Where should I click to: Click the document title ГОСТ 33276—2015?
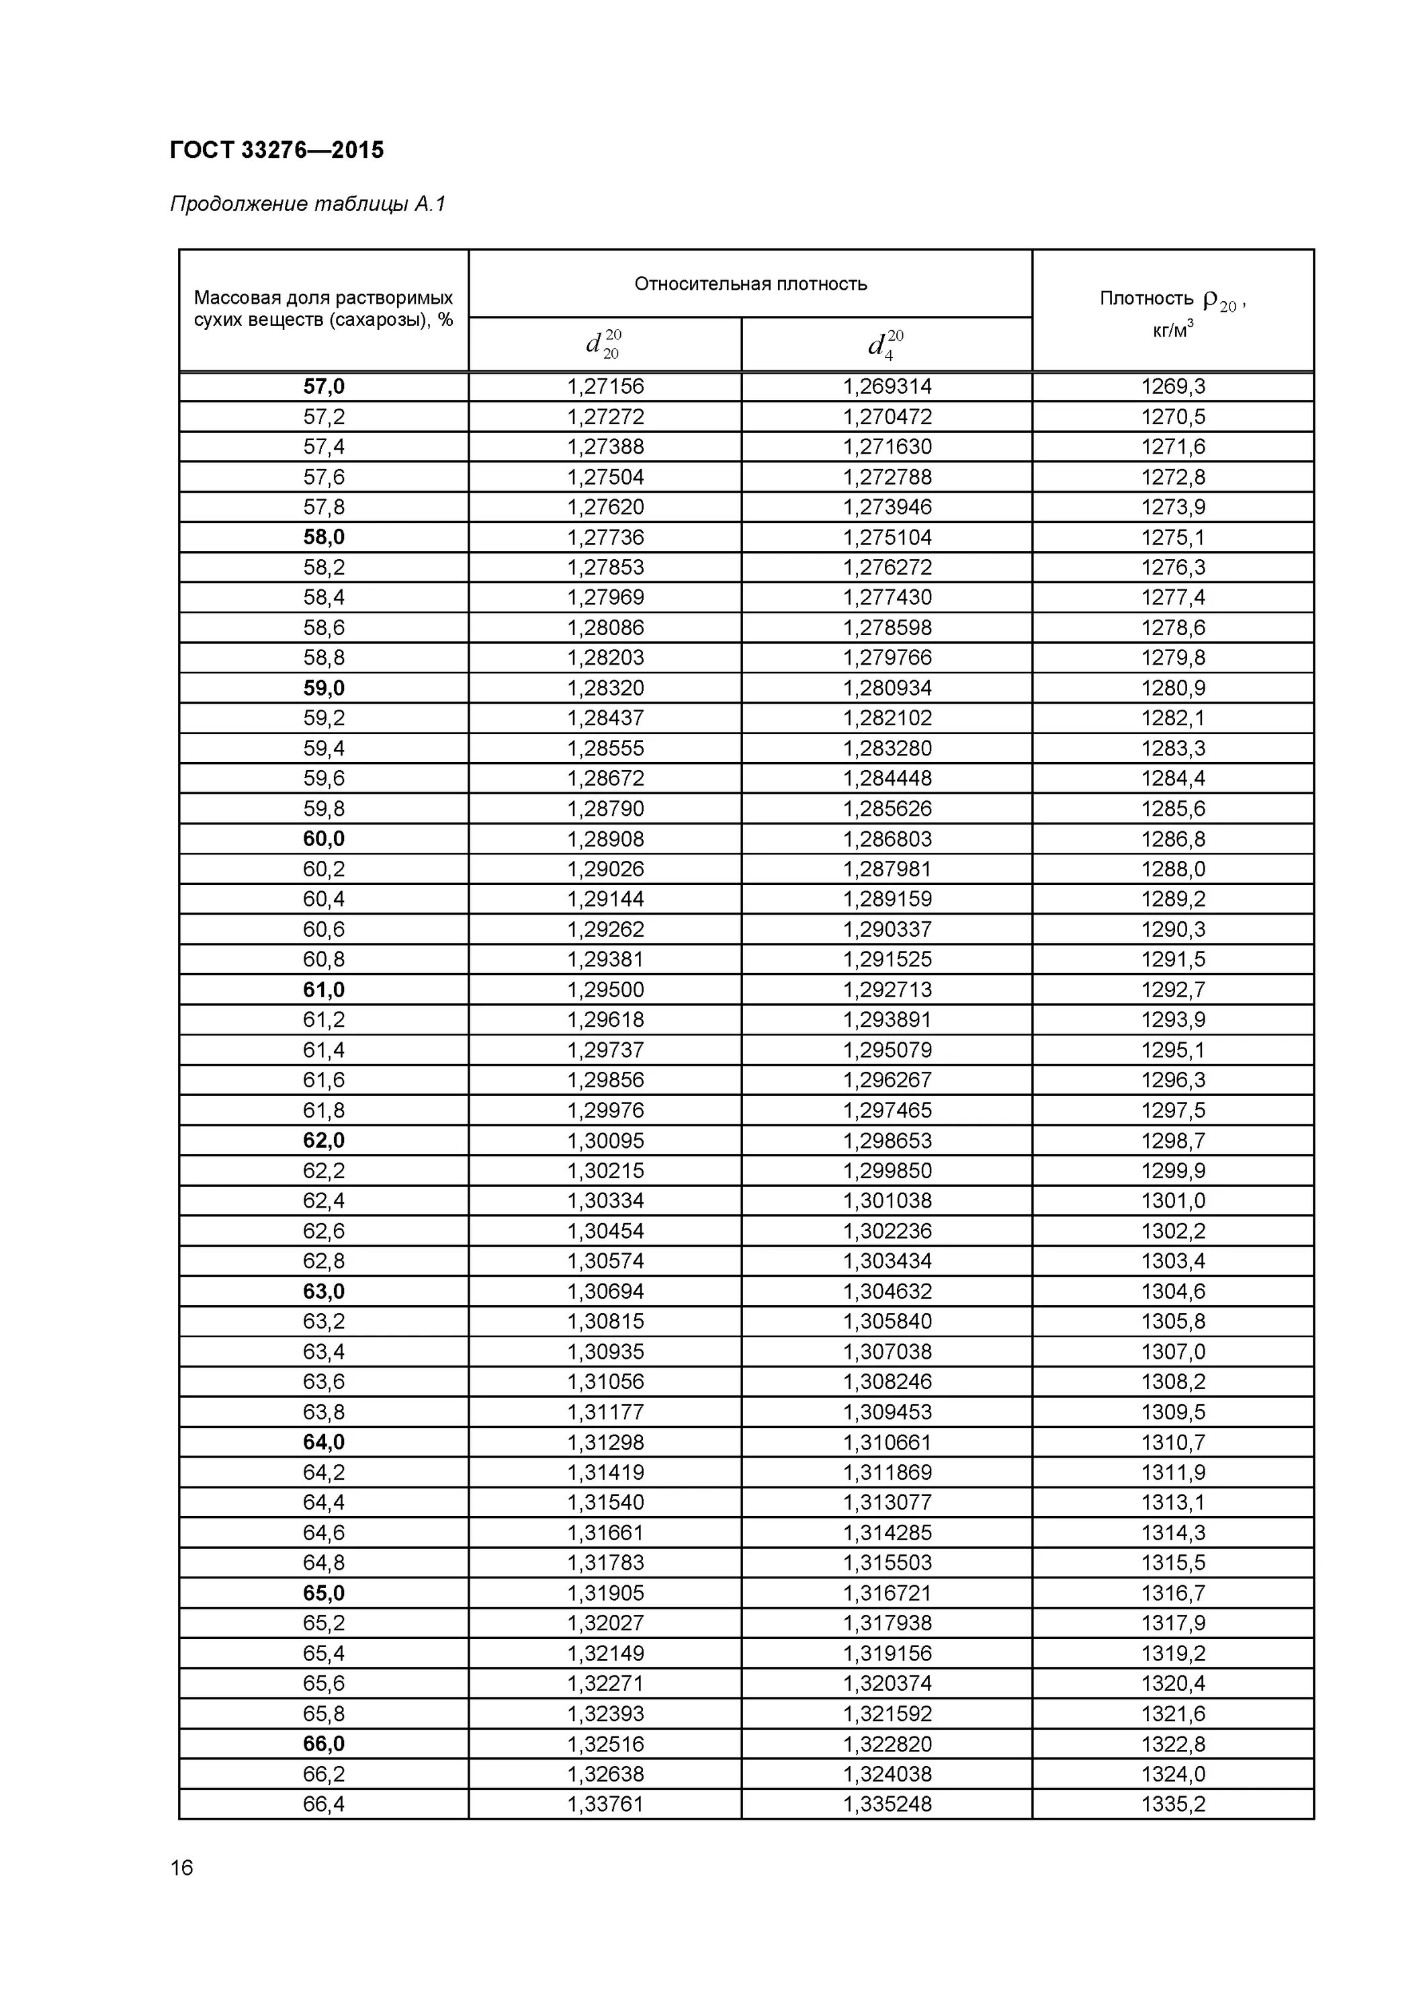(277, 150)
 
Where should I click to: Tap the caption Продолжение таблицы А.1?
(308, 204)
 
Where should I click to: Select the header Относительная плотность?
(750, 284)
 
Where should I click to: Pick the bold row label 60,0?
(324, 839)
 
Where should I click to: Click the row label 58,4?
(324, 597)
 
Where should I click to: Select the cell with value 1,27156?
(606, 386)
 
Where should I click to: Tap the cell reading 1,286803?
(888, 839)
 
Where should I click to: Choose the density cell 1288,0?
(1173, 868)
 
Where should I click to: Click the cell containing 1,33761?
(606, 1804)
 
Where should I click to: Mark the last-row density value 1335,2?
(1173, 1804)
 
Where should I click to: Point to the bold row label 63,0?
(324, 1291)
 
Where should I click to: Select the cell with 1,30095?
(606, 1140)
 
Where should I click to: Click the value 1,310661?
(888, 1441)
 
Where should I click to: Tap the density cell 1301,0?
(1173, 1200)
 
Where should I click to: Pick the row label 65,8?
(324, 1713)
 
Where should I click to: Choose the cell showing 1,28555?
(606, 748)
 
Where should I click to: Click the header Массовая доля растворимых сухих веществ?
(324, 308)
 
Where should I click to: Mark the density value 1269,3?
(1173, 386)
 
